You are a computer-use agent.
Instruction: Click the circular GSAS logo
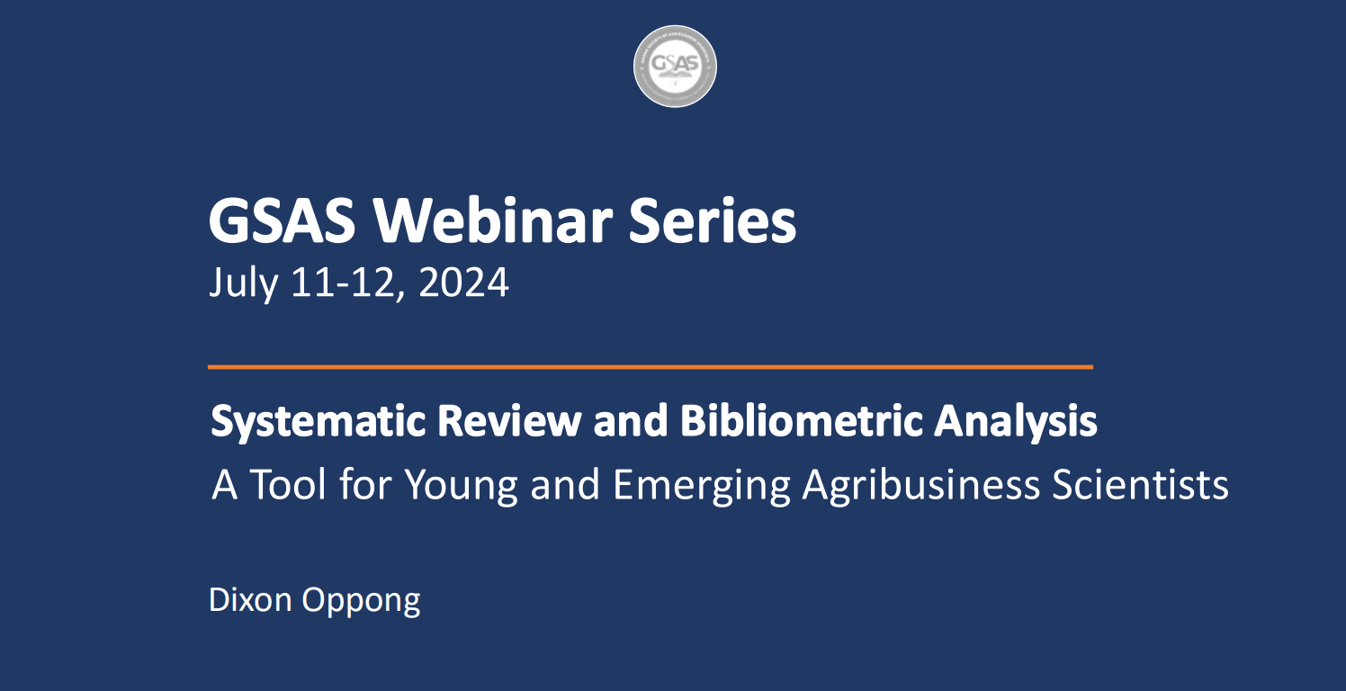[x=675, y=67]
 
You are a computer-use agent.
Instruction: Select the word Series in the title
[x=713, y=221]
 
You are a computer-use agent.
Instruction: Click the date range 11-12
[x=345, y=283]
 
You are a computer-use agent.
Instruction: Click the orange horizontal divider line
[x=650, y=367]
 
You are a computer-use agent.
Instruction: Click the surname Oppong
[x=361, y=600]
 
